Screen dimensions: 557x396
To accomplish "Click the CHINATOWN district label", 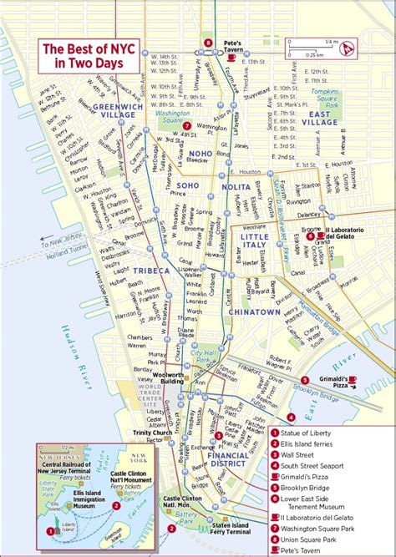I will pos(254,311).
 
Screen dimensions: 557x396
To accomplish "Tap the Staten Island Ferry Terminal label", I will pos(228,528).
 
